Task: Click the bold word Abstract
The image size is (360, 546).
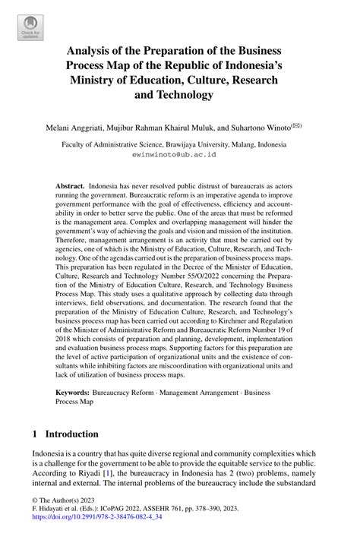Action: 70,185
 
